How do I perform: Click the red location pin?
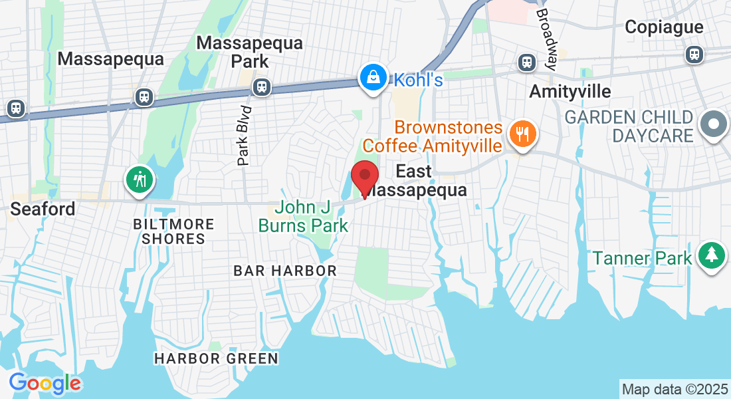[x=364, y=177]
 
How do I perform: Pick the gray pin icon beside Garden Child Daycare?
[x=714, y=124]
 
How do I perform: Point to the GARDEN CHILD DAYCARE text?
[x=629, y=126]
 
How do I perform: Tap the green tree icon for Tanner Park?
[x=711, y=255]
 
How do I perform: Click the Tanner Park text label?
[x=642, y=258]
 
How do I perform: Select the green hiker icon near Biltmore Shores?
[x=140, y=179]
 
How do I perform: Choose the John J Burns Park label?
[x=302, y=217]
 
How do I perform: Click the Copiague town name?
[x=664, y=27]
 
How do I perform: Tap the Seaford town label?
[x=43, y=209]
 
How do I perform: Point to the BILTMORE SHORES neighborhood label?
[x=173, y=231]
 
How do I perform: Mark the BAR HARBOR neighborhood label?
[x=285, y=271]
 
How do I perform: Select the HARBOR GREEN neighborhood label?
[x=216, y=359]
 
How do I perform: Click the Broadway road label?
[x=546, y=39]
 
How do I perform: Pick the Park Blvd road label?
[x=245, y=135]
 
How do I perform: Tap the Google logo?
[x=45, y=383]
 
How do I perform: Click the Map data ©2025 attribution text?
[x=674, y=389]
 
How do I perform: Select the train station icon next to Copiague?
[x=695, y=54]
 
